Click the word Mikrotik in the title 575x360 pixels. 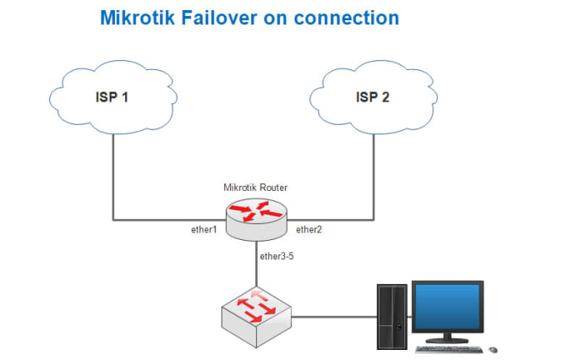(138, 18)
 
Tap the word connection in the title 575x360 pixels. (347, 18)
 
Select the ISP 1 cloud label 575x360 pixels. (112, 97)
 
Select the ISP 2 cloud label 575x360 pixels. (373, 97)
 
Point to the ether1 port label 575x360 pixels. (204, 230)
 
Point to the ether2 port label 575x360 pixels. (309, 230)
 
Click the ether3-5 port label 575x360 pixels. (277, 256)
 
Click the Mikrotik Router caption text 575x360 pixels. (255, 188)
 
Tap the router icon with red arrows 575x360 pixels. (256, 220)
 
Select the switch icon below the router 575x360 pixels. (256, 317)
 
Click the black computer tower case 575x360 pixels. (392, 317)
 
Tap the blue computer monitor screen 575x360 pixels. (447, 307)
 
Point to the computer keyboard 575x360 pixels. (449, 349)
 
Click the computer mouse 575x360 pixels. (494, 350)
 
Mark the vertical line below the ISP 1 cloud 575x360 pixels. (113, 177)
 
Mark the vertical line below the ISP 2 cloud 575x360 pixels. (374, 177)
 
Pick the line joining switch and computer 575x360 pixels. (334, 317)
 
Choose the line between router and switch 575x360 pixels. (256, 264)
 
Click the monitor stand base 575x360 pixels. (447, 341)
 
